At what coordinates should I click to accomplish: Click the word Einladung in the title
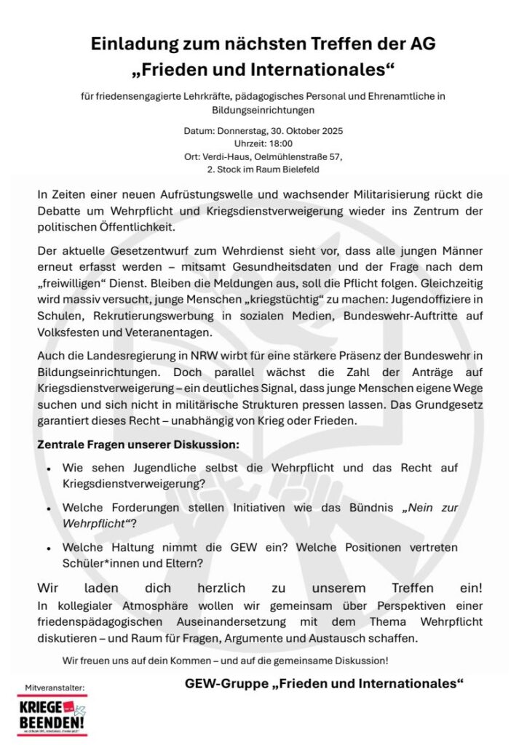tap(136, 44)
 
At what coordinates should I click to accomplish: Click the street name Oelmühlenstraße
tap(285, 156)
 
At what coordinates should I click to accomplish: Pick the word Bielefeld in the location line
tap(296, 169)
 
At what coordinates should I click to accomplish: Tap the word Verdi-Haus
tap(226, 156)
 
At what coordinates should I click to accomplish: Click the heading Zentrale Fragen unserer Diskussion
tap(138, 444)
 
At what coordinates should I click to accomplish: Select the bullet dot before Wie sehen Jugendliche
tap(48, 469)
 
